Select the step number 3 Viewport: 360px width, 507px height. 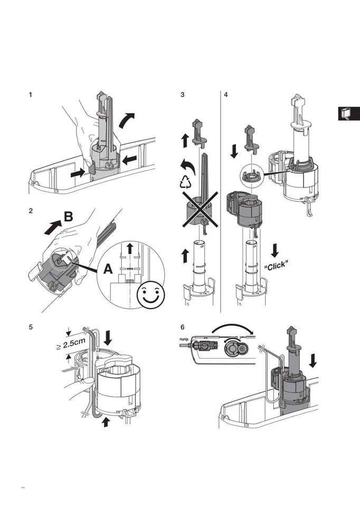(x=182, y=95)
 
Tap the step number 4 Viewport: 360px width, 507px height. (x=226, y=95)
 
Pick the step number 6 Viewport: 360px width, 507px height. (x=182, y=327)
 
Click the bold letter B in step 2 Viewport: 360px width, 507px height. (x=69, y=217)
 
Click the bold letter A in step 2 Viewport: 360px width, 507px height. (x=108, y=269)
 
